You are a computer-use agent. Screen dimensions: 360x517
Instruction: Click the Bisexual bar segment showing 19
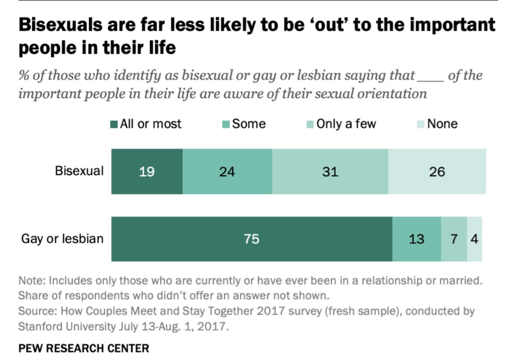(147, 171)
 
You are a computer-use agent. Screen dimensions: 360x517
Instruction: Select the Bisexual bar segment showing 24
(227, 171)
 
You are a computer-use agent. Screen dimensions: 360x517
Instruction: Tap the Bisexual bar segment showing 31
(330, 171)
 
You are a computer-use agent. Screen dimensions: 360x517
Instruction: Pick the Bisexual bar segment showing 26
(437, 171)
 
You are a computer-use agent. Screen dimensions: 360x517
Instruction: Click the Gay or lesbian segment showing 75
(252, 239)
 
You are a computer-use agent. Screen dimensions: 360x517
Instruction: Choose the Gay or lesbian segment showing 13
(416, 239)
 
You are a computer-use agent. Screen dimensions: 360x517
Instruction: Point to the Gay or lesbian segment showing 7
(454, 239)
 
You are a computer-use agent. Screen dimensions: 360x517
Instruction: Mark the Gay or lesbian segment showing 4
(474, 239)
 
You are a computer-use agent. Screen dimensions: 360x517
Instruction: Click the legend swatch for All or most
(114, 124)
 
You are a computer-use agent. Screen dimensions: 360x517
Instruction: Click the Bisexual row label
(79, 171)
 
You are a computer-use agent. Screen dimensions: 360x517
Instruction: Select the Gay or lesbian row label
(62, 238)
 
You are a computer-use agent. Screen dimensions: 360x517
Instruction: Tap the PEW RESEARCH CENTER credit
(84, 348)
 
